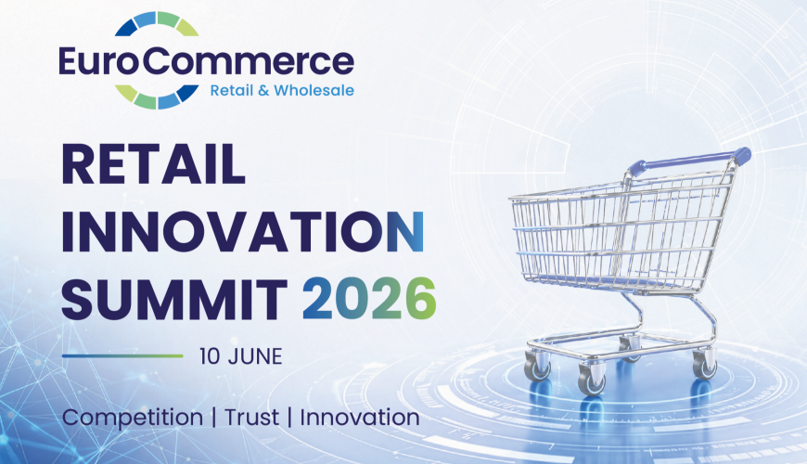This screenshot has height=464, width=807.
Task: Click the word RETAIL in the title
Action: coord(153,164)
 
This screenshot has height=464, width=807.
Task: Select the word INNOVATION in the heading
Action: coord(243,231)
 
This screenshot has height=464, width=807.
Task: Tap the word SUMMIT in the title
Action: coord(174,299)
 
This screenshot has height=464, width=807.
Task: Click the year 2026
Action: coord(369,299)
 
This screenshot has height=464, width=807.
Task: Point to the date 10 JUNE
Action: coord(241,356)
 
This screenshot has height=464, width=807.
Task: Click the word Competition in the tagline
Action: coord(133,418)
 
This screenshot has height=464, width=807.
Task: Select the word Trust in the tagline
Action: coord(251,418)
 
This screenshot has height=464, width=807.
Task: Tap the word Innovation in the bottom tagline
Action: coord(360,418)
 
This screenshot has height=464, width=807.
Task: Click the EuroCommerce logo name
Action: coord(206,62)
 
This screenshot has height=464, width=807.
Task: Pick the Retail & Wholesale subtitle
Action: coord(282,90)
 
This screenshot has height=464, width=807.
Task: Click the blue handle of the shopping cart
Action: coord(689,161)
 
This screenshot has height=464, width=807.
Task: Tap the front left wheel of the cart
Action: coord(592,381)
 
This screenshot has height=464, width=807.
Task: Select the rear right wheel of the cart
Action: coord(704,365)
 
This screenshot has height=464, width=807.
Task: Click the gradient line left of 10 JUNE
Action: coord(122,355)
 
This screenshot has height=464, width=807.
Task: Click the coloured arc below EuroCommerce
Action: coord(157,97)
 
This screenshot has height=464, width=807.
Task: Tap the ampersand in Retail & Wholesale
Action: coord(263,91)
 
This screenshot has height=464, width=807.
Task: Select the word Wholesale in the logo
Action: coord(314,90)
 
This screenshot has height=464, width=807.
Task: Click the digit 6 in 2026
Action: coord(421,299)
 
